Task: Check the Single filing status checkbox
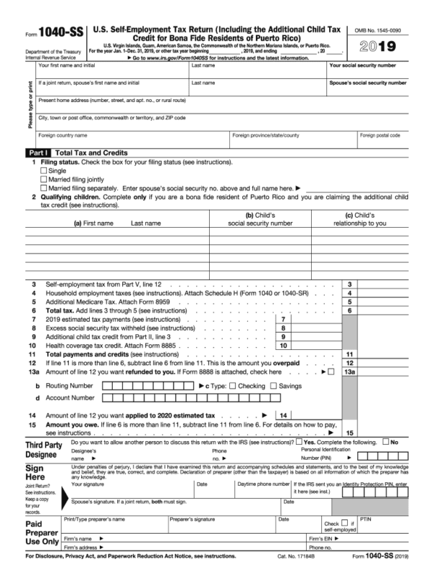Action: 43,171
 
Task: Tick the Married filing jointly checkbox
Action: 43,179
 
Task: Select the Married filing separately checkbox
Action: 43,188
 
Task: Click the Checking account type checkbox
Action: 232,386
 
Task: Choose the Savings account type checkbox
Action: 273,386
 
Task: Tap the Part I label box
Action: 37,153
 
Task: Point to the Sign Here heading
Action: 39,474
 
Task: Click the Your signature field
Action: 130,489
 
